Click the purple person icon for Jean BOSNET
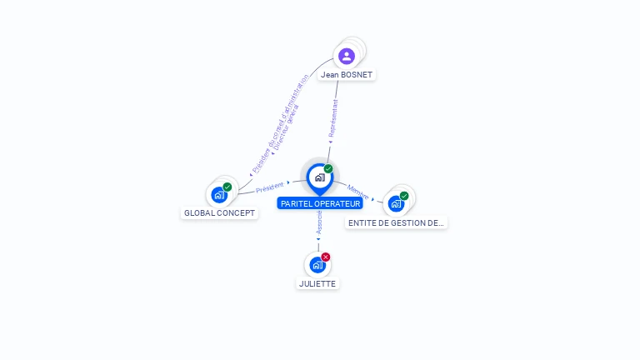(347, 56)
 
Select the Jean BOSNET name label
(347, 74)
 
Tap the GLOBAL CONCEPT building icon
(219, 195)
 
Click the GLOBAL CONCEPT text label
(219, 212)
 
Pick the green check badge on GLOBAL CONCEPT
(227, 187)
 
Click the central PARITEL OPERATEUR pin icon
(319, 177)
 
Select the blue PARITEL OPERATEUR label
(320, 203)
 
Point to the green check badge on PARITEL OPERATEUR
(328, 168)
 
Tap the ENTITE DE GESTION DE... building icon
(396, 203)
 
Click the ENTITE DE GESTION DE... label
(397, 222)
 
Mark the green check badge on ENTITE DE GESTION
(404, 196)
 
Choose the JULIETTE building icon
(317, 265)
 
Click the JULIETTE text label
(317, 283)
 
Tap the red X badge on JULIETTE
(326, 257)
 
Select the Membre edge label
(358, 191)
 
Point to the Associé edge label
(319, 221)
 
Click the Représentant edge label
(333, 117)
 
